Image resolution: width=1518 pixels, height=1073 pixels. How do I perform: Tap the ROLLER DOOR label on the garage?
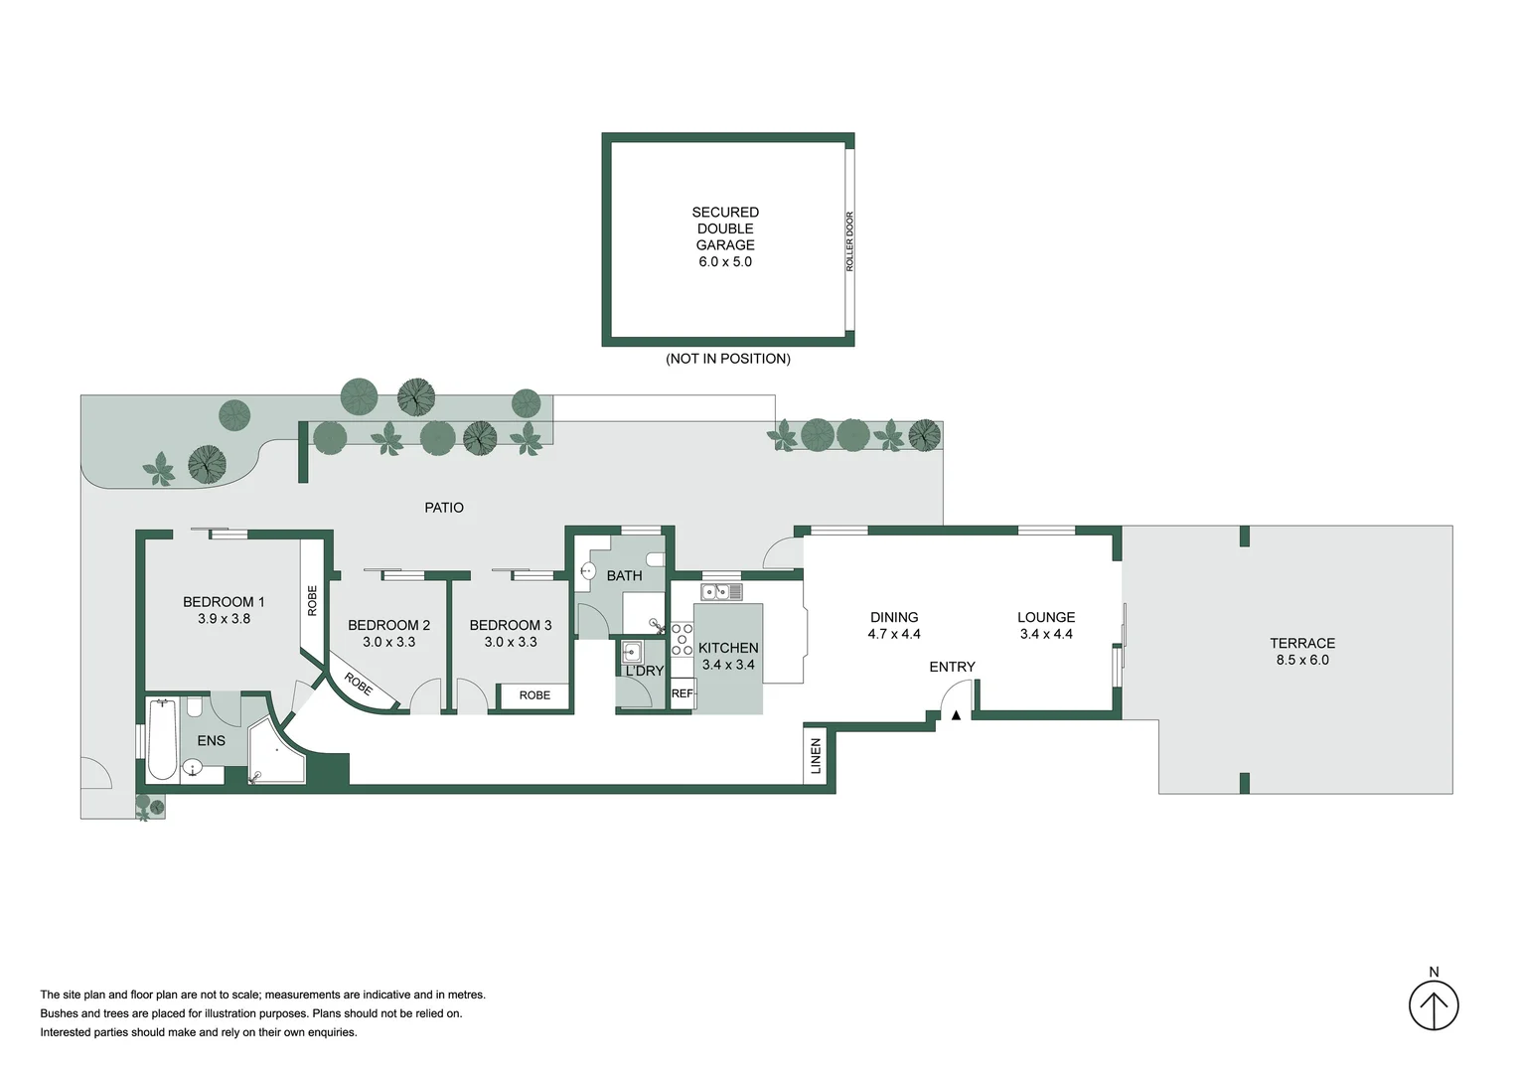[x=849, y=241]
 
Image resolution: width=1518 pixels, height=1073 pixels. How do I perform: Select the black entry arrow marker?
[x=956, y=714]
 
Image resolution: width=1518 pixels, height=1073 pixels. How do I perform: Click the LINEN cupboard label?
[x=817, y=756]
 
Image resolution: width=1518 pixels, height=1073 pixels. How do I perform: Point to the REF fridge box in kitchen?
[x=682, y=694]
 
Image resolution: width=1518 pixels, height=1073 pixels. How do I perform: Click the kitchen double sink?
[x=721, y=593]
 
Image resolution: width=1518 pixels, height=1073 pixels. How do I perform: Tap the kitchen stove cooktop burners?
[x=682, y=638]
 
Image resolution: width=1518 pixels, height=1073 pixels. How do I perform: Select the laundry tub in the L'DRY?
[x=631, y=653]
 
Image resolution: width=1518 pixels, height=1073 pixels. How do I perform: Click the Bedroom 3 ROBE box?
[x=534, y=695]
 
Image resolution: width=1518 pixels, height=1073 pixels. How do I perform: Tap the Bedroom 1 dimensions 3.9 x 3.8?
[x=224, y=619]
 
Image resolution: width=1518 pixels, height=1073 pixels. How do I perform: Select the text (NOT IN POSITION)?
[x=727, y=359]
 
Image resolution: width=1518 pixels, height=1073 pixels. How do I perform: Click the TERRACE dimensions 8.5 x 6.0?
[x=1301, y=660]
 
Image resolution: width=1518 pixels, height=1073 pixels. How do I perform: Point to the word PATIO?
[x=444, y=508]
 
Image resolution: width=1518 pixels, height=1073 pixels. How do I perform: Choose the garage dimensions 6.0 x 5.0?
[x=725, y=262]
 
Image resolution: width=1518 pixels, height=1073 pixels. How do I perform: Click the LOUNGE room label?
[x=1045, y=617]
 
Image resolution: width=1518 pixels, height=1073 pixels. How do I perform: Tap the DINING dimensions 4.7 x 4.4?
[x=894, y=634]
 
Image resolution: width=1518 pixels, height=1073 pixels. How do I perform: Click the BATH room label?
[x=624, y=576]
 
